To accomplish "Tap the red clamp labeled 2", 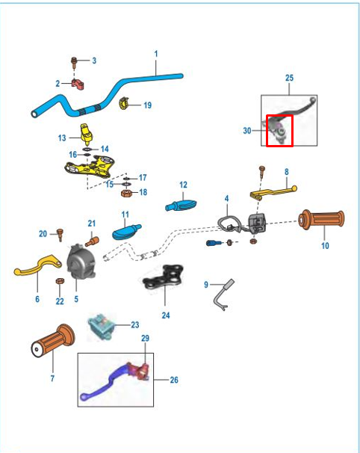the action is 78,84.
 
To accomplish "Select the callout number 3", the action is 94,61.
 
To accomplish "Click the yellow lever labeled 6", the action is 37,265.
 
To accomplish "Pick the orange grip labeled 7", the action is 52,341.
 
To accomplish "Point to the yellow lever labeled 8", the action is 273,192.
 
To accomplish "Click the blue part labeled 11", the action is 126,232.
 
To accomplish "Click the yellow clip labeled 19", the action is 123,103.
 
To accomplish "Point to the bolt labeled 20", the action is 60,235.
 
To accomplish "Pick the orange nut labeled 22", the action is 60,281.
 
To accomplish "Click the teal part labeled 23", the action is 102,327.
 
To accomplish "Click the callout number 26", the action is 174,380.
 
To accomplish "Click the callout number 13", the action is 62,138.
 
